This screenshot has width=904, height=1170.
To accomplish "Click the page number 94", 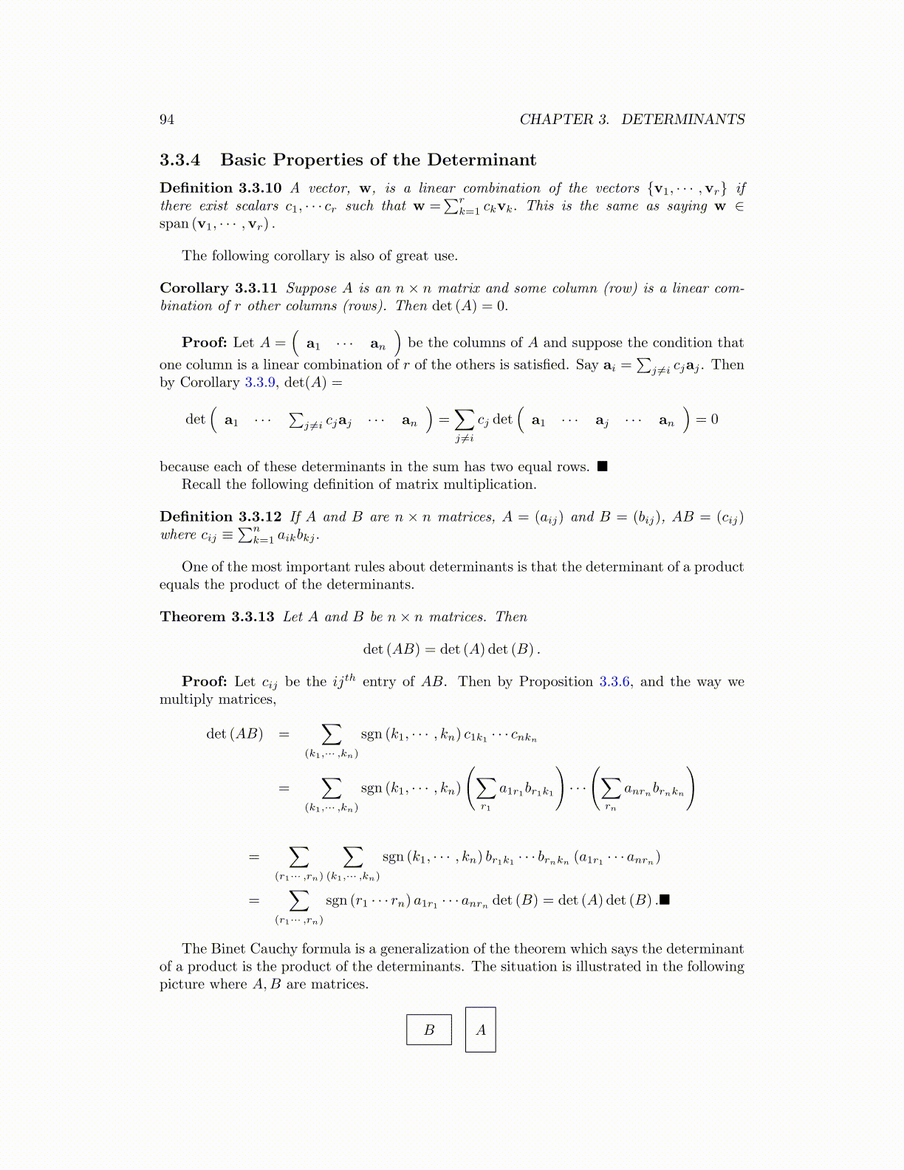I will click(x=167, y=120).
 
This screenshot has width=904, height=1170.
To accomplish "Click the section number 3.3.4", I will click(x=180, y=160).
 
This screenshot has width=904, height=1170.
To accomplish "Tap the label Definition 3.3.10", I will click(x=220, y=188).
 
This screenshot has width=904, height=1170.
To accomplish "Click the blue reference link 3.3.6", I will click(x=614, y=682).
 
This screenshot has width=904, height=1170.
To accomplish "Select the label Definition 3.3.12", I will click(x=220, y=517).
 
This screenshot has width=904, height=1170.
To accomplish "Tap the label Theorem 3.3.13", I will click(x=217, y=617).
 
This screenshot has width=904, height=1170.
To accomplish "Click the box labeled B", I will click(x=429, y=1030).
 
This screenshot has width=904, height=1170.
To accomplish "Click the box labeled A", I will click(x=481, y=1030).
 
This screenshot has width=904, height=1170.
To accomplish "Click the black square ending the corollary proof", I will click(x=603, y=467).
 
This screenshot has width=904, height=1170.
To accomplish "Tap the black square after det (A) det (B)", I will click(x=665, y=900).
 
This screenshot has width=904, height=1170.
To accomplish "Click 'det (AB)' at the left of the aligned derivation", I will click(x=234, y=734).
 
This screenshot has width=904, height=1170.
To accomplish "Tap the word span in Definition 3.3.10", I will click(x=174, y=225).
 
